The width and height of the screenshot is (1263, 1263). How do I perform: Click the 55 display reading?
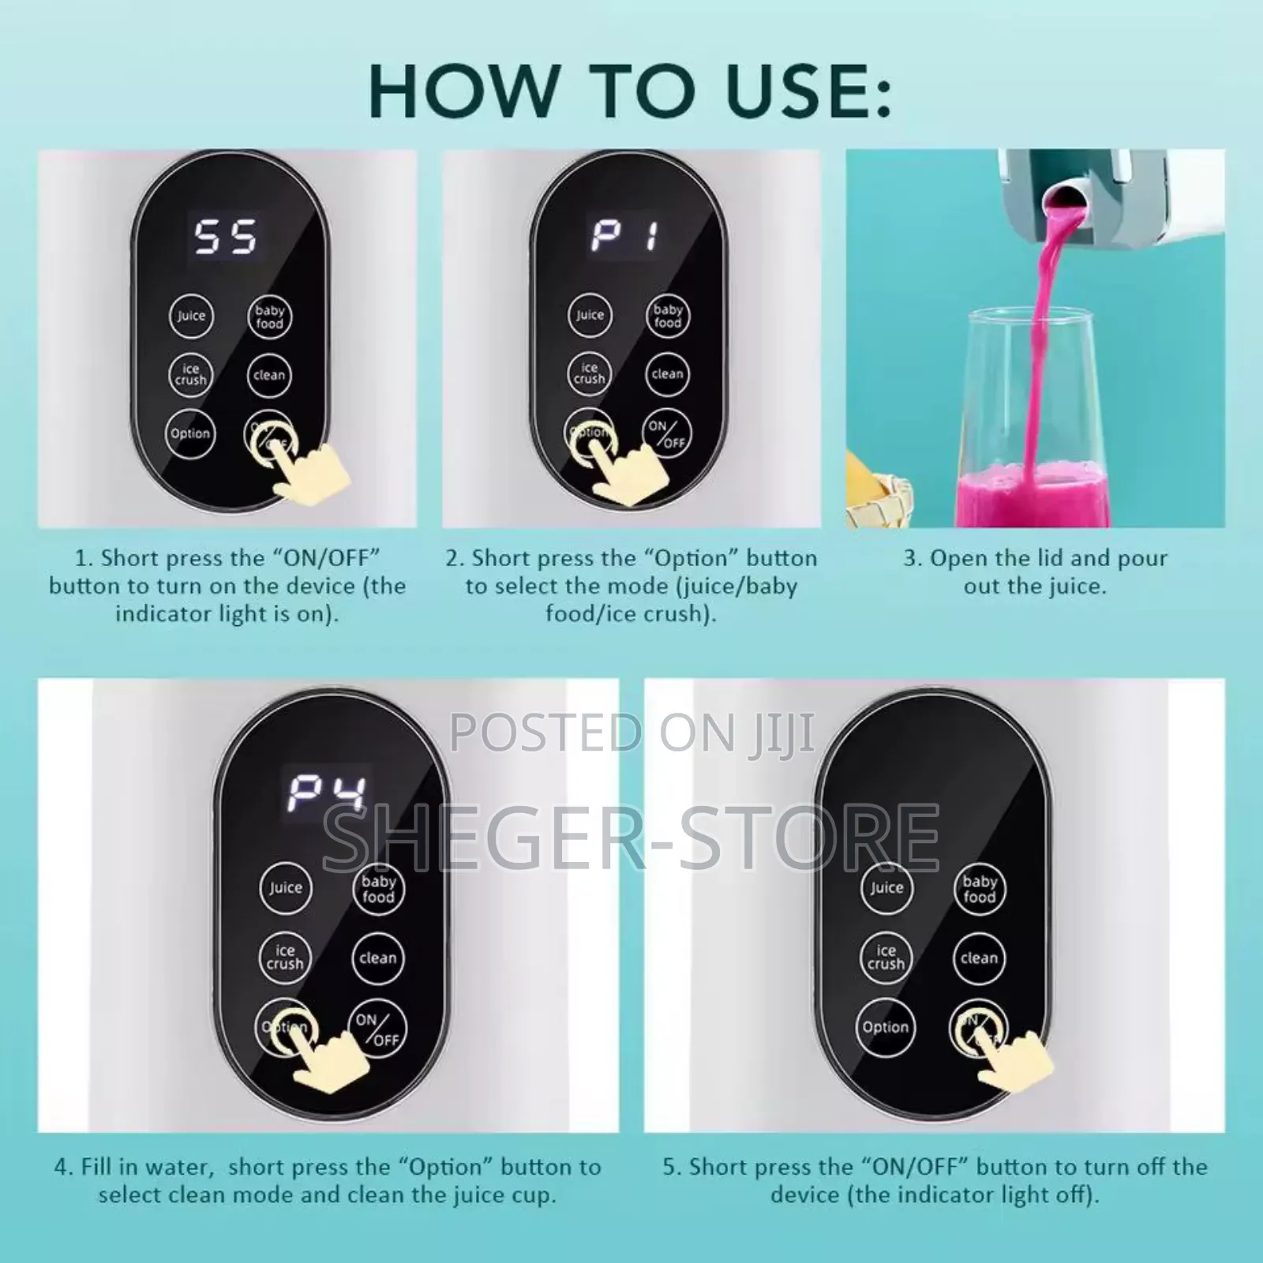(226, 237)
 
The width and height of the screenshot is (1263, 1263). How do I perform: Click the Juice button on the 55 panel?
(191, 316)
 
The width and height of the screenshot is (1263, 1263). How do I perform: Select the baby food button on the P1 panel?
(668, 316)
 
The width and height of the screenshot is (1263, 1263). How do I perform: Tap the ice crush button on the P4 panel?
(285, 957)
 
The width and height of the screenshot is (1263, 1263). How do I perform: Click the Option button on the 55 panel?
(191, 433)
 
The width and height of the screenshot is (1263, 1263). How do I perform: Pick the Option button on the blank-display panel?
(886, 1027)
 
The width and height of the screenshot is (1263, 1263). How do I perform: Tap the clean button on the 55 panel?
(269, 375)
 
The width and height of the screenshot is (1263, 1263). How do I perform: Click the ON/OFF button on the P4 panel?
(377, 1029)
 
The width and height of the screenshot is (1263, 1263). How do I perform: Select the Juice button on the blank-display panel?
(886, 888)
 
